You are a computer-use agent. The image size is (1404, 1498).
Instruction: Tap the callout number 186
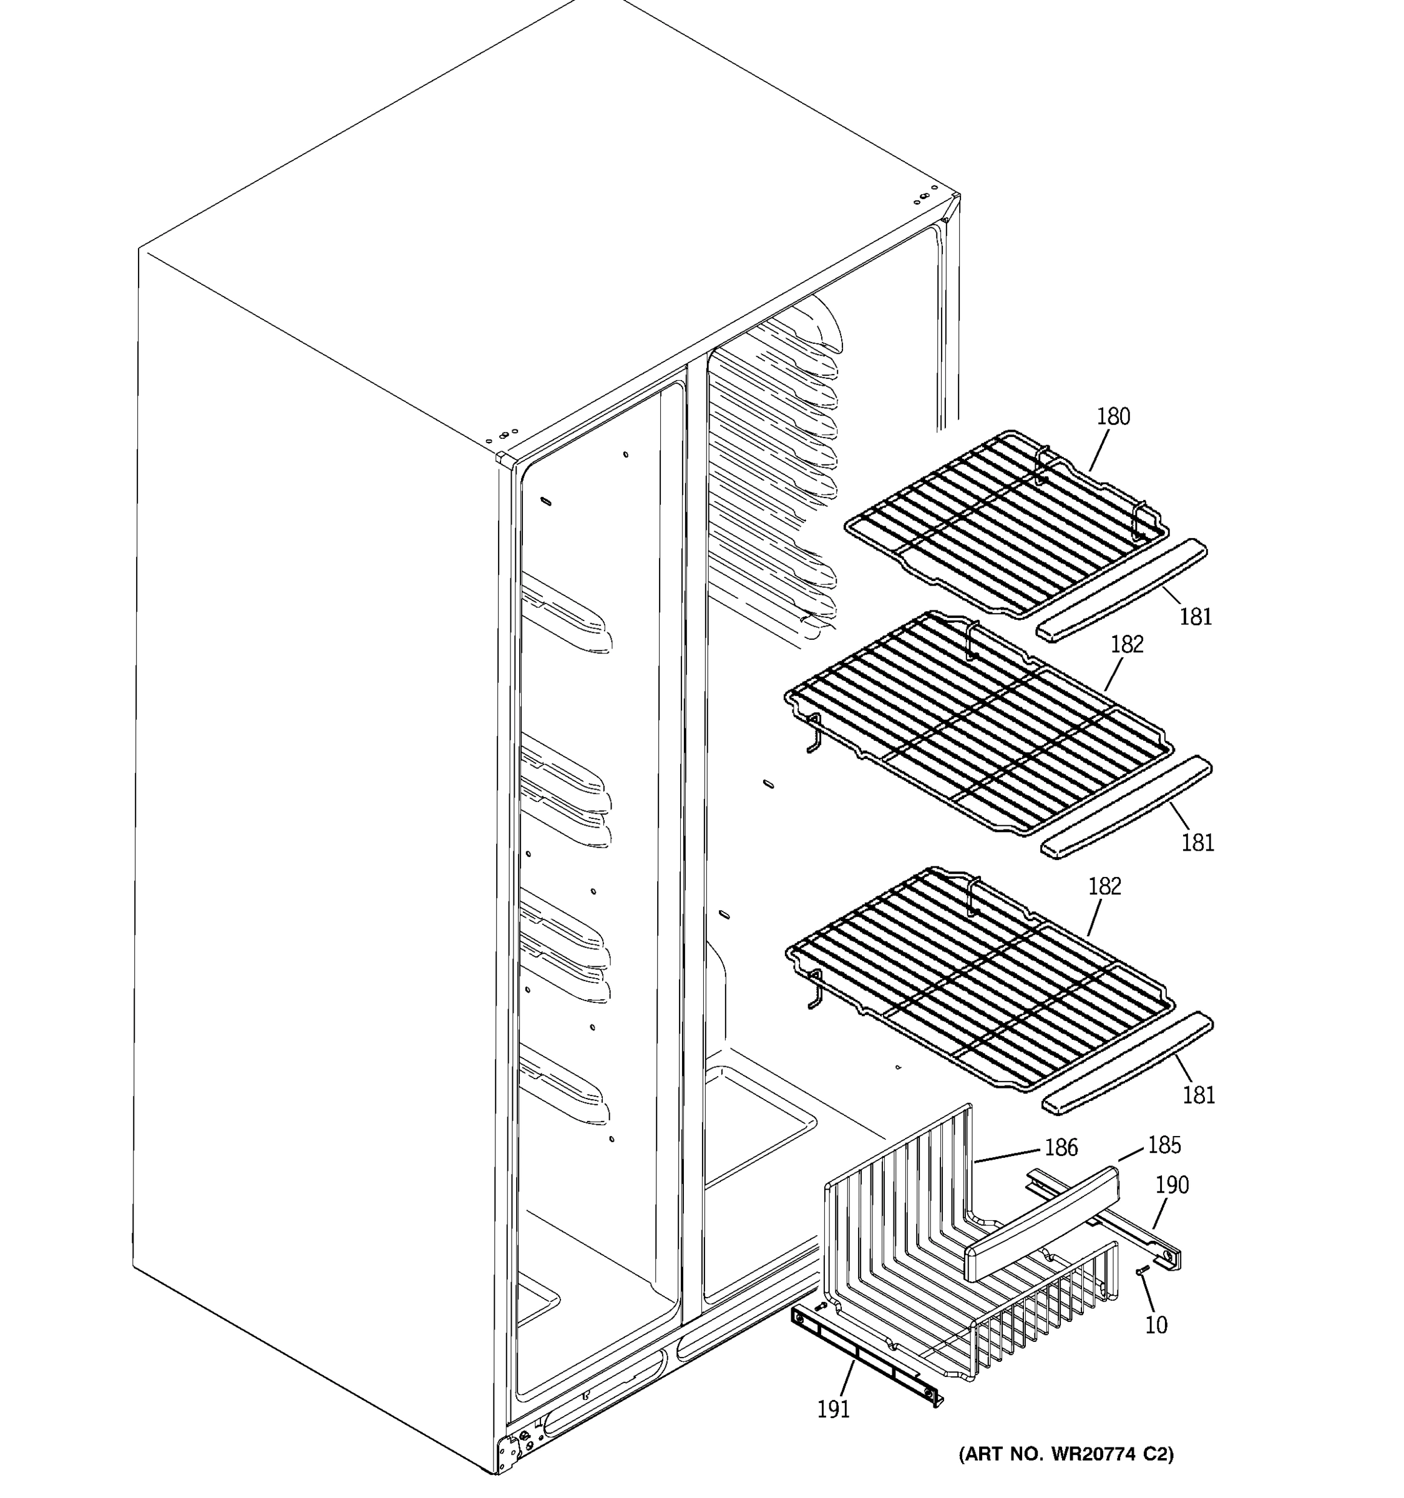coord(1061,1148)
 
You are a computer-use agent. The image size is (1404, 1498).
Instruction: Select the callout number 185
coord(1164,1145)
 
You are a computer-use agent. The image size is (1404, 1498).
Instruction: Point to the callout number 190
coord(1172,1185)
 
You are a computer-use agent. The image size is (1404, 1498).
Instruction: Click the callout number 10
coord(1156,1324)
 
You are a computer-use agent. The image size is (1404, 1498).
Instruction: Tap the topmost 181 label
coord(1196,617)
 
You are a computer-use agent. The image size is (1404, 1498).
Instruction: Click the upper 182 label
coord(1127,644)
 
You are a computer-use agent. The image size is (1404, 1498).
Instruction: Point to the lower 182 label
coord(1105,886)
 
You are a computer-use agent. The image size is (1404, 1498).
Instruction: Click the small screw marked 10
coord(1141,1271)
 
